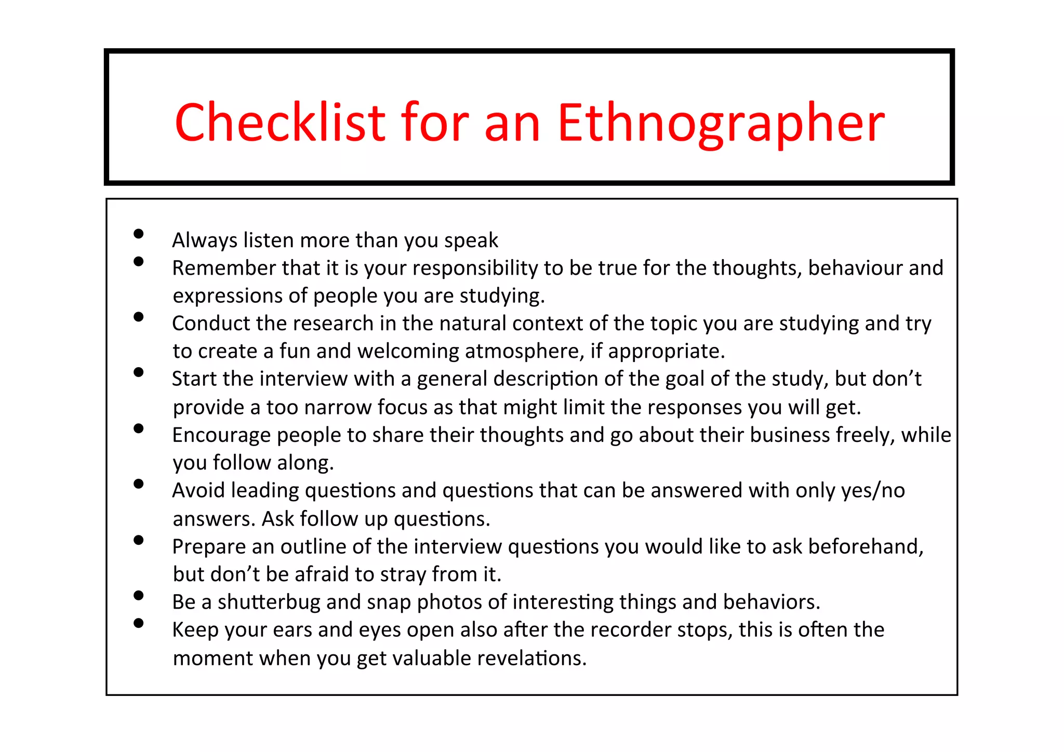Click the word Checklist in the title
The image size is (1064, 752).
point(281,123)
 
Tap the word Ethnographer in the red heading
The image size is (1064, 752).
point(721,123)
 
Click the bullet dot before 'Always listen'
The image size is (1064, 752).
point(138,234)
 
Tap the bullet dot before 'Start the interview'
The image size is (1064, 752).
point(138,372)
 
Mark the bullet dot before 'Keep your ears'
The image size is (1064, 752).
point(138,623)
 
